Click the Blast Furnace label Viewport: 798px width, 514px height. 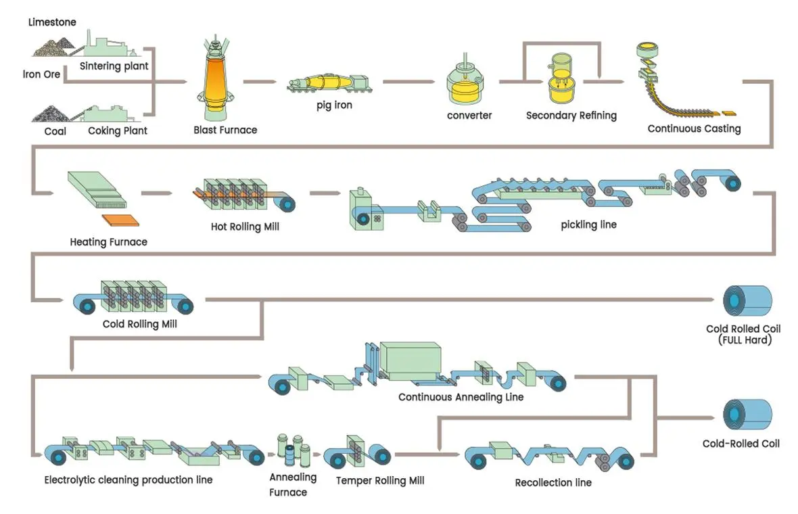225,130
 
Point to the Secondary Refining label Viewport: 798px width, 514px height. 571,116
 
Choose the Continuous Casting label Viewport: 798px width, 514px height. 694,128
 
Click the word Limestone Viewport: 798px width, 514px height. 52,22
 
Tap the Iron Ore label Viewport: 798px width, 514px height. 41,74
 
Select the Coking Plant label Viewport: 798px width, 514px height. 118,131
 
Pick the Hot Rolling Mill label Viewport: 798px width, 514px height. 245,227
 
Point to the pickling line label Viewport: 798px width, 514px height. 588,225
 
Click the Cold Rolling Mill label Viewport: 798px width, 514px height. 139,324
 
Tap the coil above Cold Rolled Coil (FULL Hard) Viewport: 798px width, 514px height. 747,301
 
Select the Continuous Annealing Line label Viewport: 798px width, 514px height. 461,397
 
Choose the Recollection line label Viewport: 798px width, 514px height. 553,482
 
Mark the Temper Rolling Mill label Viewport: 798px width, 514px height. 380,480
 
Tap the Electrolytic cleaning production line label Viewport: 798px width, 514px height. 128,480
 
